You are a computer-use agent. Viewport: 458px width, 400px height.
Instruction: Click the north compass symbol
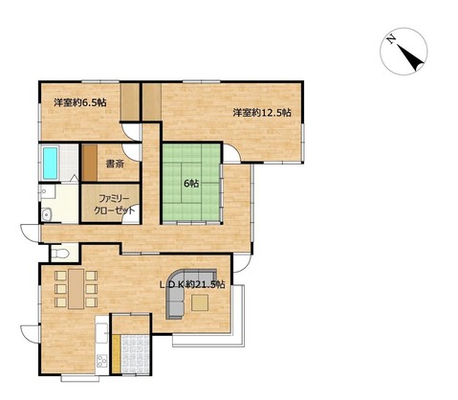point(403,52)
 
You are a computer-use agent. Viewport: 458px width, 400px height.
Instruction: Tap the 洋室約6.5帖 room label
point(80,102)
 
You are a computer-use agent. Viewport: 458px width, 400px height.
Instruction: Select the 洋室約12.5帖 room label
point(262,113)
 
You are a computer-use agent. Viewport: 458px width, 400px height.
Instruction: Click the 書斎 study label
point(115,164)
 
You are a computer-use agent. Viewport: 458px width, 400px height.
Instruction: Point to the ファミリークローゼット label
point(114,205)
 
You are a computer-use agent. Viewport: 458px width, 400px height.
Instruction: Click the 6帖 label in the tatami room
point(191,184)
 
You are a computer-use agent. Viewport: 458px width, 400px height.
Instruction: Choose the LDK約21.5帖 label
point(192,284)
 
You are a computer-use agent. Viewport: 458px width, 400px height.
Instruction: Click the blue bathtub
point(51,163)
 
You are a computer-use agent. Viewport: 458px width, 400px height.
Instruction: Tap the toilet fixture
point(60,254)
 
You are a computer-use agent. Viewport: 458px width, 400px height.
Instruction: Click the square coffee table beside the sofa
point(200,302)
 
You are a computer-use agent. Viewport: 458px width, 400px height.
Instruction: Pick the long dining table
point(76,289)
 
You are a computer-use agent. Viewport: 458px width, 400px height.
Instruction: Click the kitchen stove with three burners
point(102,361)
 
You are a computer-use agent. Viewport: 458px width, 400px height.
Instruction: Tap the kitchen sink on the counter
point(103,331)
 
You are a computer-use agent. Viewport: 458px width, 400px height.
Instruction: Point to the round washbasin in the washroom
point(47,214)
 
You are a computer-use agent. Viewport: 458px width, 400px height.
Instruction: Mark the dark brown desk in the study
point(90,163)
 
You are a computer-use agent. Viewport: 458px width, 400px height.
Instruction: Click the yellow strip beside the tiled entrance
point(117,354)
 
